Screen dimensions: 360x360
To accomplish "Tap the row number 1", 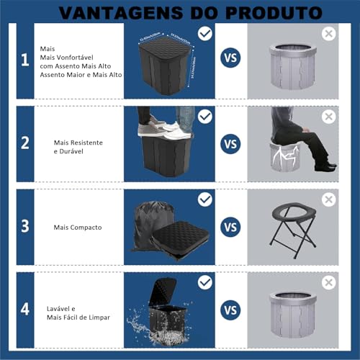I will pos(24,60).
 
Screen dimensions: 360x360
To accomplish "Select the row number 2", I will pos(24,143).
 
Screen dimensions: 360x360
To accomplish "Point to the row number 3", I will pos(24,226).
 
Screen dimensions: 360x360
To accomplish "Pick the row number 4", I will pos(24,310).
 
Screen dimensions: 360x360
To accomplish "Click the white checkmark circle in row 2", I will pos(205,116).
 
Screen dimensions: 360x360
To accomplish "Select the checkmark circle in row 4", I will pos(205,282).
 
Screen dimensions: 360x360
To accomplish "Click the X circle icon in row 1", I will pos(329,34).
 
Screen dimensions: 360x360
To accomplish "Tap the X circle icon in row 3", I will pos(329,199).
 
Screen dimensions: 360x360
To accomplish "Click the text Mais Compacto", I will pos(78,228).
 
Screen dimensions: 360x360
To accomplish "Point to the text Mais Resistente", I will pos(78,143).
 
